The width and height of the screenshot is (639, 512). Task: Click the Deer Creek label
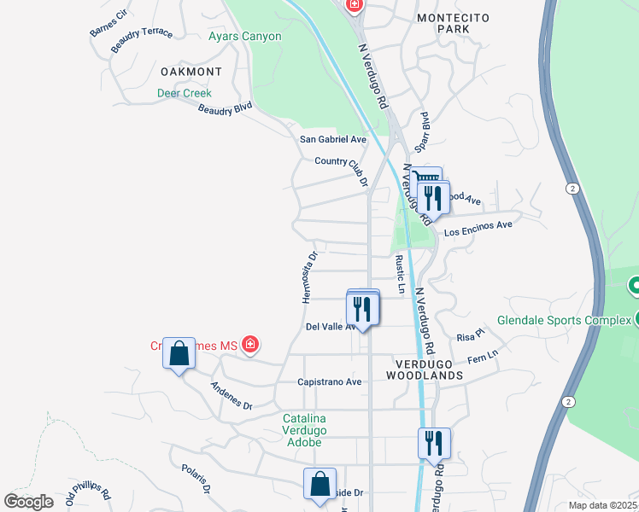pos(184,93)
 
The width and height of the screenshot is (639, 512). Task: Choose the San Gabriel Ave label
pos(332,139)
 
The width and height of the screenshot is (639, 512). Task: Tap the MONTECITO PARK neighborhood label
pos(443,23)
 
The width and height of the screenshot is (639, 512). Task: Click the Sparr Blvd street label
pos(421,127)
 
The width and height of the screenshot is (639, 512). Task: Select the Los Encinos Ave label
pos(478,226)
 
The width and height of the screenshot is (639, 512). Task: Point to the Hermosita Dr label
pos(308,276)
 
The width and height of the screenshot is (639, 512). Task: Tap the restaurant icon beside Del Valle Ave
pos(362,310)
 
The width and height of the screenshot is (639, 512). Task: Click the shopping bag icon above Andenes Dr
pos(179,352)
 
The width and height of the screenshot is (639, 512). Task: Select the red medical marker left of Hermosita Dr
pos(250,345)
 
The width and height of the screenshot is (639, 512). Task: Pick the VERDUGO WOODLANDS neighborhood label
pos(424,369)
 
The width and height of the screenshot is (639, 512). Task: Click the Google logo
pos(29,501)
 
